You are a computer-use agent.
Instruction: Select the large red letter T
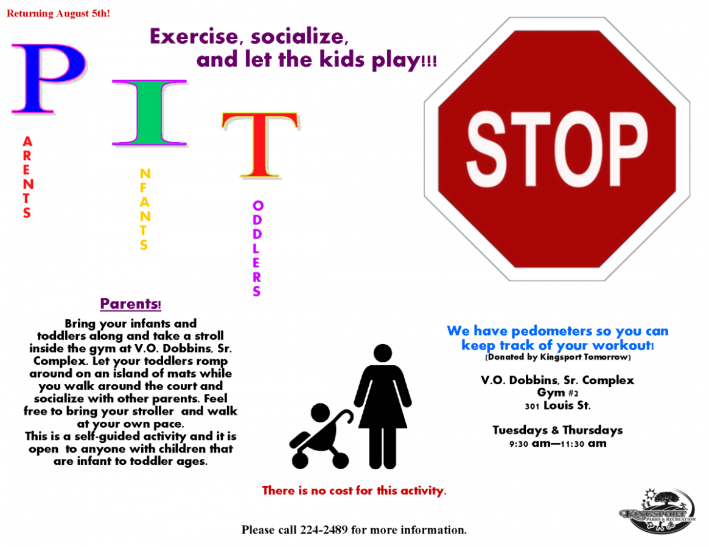[x=259, y=145]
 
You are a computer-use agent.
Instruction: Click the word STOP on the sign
[x=557, y=150]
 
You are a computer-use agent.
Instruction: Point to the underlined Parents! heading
[x=131, y=303]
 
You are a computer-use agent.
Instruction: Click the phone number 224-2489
[x=324, y=529]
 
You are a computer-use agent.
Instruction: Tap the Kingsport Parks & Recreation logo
[x=657, y=511]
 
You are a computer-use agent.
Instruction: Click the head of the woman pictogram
[x=383, y=353]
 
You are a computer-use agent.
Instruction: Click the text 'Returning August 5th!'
[x=58, y=13]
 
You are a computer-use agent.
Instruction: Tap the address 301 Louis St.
[x=557, y=405]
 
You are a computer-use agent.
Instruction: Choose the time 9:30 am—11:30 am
[x=557, y=444]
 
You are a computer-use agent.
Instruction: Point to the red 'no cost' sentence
[x=354, y=490]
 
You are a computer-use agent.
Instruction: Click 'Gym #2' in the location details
[x=557, y=393]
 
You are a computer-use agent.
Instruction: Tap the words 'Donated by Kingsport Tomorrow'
[x=557, y=357]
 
